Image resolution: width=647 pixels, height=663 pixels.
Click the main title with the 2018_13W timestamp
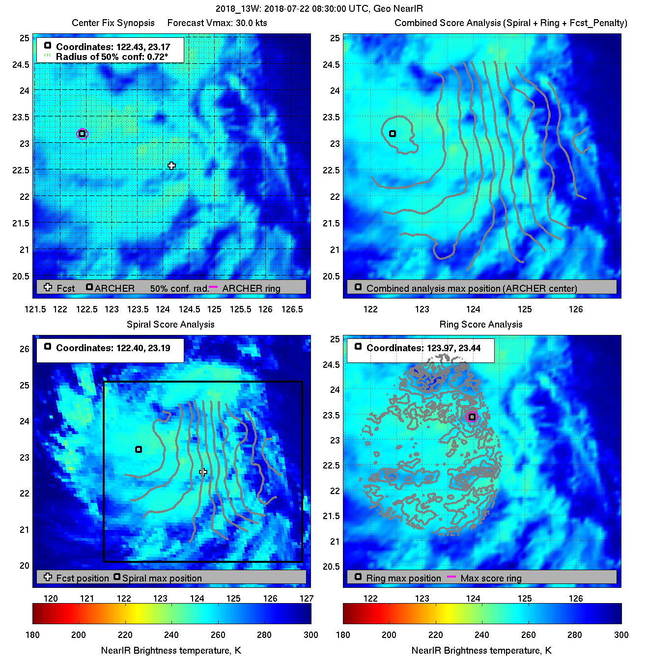click(319, 9)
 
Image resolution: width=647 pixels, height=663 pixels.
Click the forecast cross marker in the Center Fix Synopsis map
click(171, 166)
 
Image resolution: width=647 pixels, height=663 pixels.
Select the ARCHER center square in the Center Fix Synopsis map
click(82, 134)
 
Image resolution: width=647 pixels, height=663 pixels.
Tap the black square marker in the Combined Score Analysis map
click(393, 134)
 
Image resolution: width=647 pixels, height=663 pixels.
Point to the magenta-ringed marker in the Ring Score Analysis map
click(472, 417)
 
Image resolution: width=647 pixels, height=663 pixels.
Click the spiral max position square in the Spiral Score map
click(139, 449)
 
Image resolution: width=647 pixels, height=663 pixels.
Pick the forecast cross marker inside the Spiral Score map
click(203, 472)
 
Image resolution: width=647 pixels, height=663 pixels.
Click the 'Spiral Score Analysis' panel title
click(170, 324)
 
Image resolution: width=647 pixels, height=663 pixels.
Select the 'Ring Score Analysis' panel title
click(480, 324)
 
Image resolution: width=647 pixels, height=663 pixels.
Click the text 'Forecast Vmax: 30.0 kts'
click(217, 23)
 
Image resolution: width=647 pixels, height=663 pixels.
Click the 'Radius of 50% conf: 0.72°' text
click(112, 57)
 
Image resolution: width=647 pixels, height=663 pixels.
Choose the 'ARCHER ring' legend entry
click(251, 288)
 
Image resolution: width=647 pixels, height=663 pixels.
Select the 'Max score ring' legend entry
click(491, 578)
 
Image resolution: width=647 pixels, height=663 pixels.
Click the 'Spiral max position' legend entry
click(162, 578)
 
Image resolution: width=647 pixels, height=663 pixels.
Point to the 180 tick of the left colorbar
click(32, 635)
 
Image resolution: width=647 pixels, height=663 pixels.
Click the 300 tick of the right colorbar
click(621, 635)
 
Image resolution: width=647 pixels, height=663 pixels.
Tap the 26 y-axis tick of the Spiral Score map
click(25, 349)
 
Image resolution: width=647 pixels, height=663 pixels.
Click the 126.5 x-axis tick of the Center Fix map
click(292, 309)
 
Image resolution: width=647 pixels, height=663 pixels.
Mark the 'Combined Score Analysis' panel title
click(510, 23)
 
